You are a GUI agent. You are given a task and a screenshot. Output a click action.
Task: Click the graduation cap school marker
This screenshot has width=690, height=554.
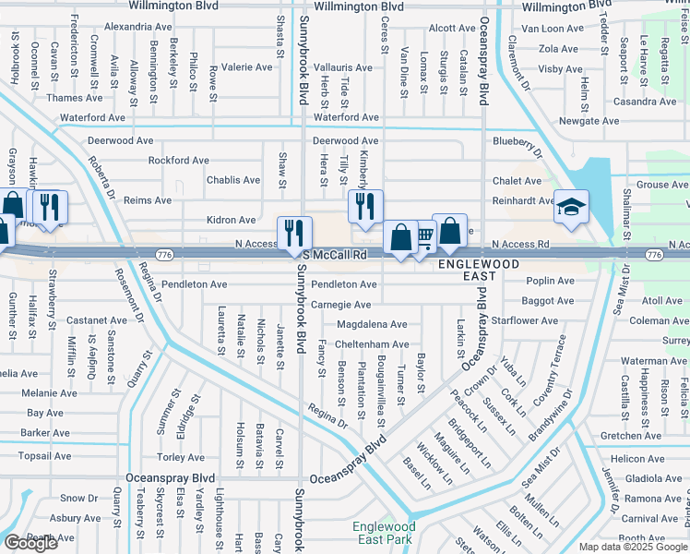571,208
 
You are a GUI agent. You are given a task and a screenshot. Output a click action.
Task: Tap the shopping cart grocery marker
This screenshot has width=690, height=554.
423,237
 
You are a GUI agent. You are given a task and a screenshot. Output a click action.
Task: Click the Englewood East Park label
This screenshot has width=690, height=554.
385,534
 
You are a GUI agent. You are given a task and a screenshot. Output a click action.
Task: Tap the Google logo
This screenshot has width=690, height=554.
30,543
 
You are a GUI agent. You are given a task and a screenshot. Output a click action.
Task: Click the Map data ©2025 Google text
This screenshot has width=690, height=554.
632,547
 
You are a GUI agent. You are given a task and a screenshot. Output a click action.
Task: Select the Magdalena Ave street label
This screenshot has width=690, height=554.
372,324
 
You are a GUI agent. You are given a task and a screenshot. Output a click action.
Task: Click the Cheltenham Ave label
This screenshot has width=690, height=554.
372,344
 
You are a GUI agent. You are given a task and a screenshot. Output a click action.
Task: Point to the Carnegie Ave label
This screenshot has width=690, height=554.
340,305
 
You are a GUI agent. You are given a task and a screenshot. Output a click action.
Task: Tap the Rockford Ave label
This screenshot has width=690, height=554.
178,160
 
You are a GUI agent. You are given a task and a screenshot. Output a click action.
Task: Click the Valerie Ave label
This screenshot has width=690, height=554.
246,67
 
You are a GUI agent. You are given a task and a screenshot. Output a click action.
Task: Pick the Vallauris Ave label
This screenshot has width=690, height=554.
343,67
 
